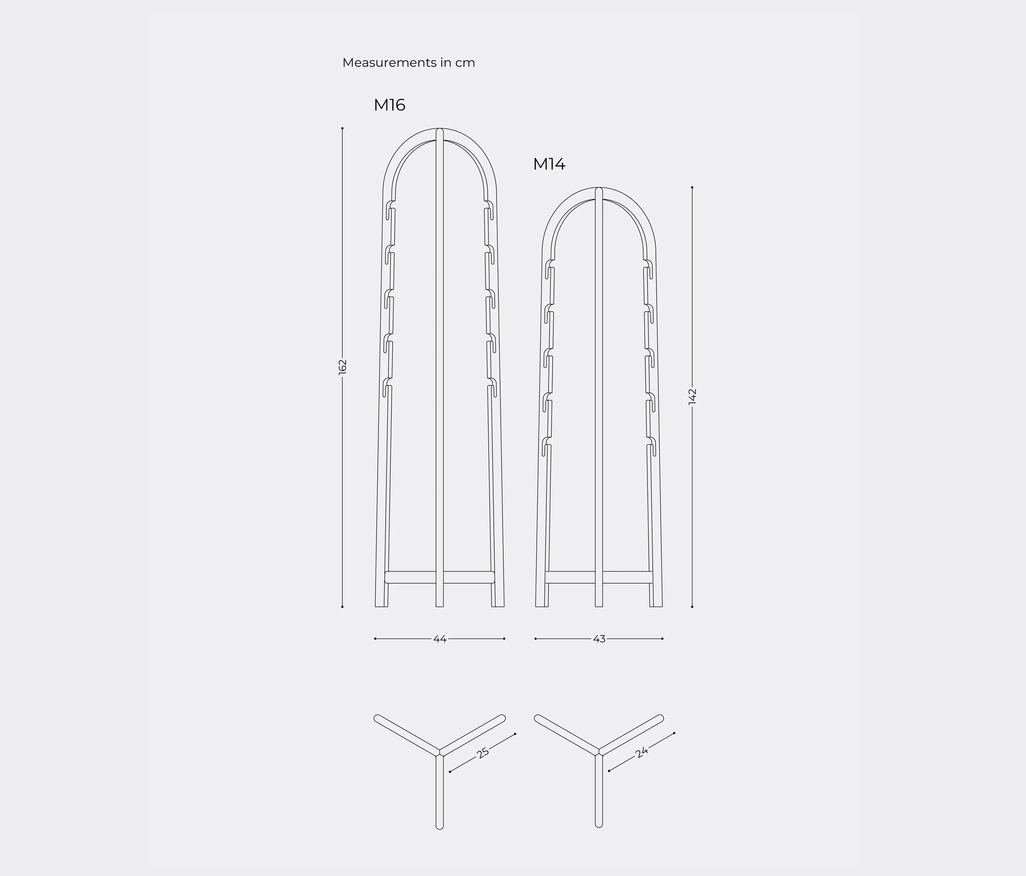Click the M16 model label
tap(390, 105)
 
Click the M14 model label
tap(549, 164)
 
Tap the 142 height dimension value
tap(692, 396)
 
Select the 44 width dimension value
tap(440, 639)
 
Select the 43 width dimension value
tap(599, 639)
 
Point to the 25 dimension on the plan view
tap(483, 753)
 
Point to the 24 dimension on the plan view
tap(642, 753)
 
